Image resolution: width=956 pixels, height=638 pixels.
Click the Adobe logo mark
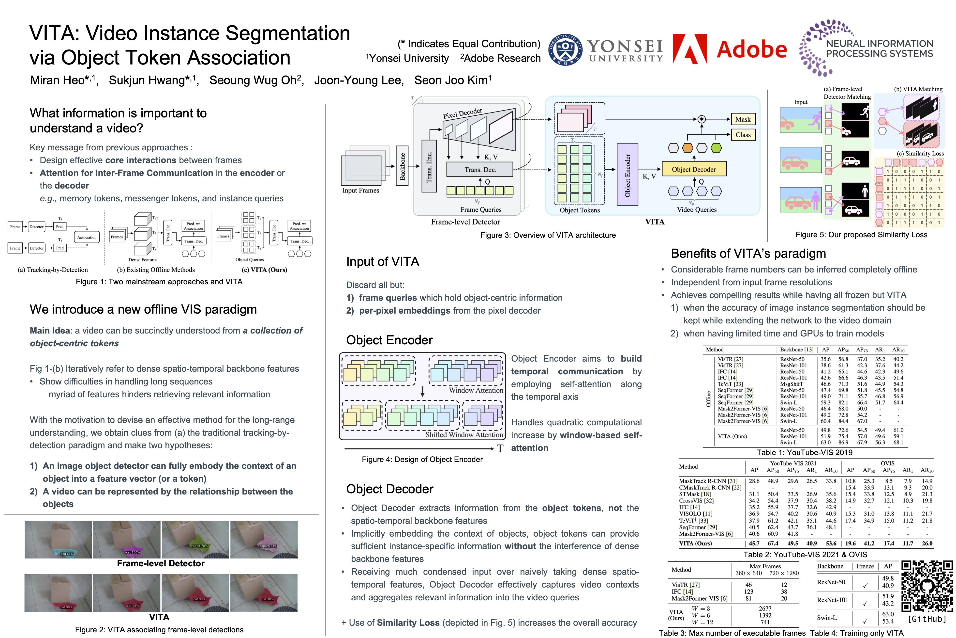pyautogui.click(x=689, y=49)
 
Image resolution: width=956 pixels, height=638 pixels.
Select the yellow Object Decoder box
pyautogui.click(x=693, y=169)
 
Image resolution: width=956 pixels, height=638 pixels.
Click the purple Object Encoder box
pyautogui.click(x=627, y=175)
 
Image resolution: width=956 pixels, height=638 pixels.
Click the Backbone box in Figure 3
pyautogui.click(x=402, y=166)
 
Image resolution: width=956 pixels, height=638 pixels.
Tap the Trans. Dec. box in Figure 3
pyautogui.click(x=480, y=169)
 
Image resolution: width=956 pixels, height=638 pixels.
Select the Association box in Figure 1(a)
pyautogui.click(x=87, y=237)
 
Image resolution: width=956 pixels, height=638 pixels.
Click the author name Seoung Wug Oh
pyautogui.click(x=256, y=80)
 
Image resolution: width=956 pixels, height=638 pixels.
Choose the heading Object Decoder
pyautogui.click(x=389, y=489)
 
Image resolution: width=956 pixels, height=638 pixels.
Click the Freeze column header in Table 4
pyautogui.click(x=865, y=566)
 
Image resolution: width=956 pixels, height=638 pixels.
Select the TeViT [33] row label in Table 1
pyautogui.click(x=730, y=384)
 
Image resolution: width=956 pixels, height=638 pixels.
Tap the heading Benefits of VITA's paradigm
pyautogui.click(x=748, y=254)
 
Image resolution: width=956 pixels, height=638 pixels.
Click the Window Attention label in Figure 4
pyautogui.click(x=476, y=390)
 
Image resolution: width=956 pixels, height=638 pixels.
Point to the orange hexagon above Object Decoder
pyautogui.click(x=687, y=148)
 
